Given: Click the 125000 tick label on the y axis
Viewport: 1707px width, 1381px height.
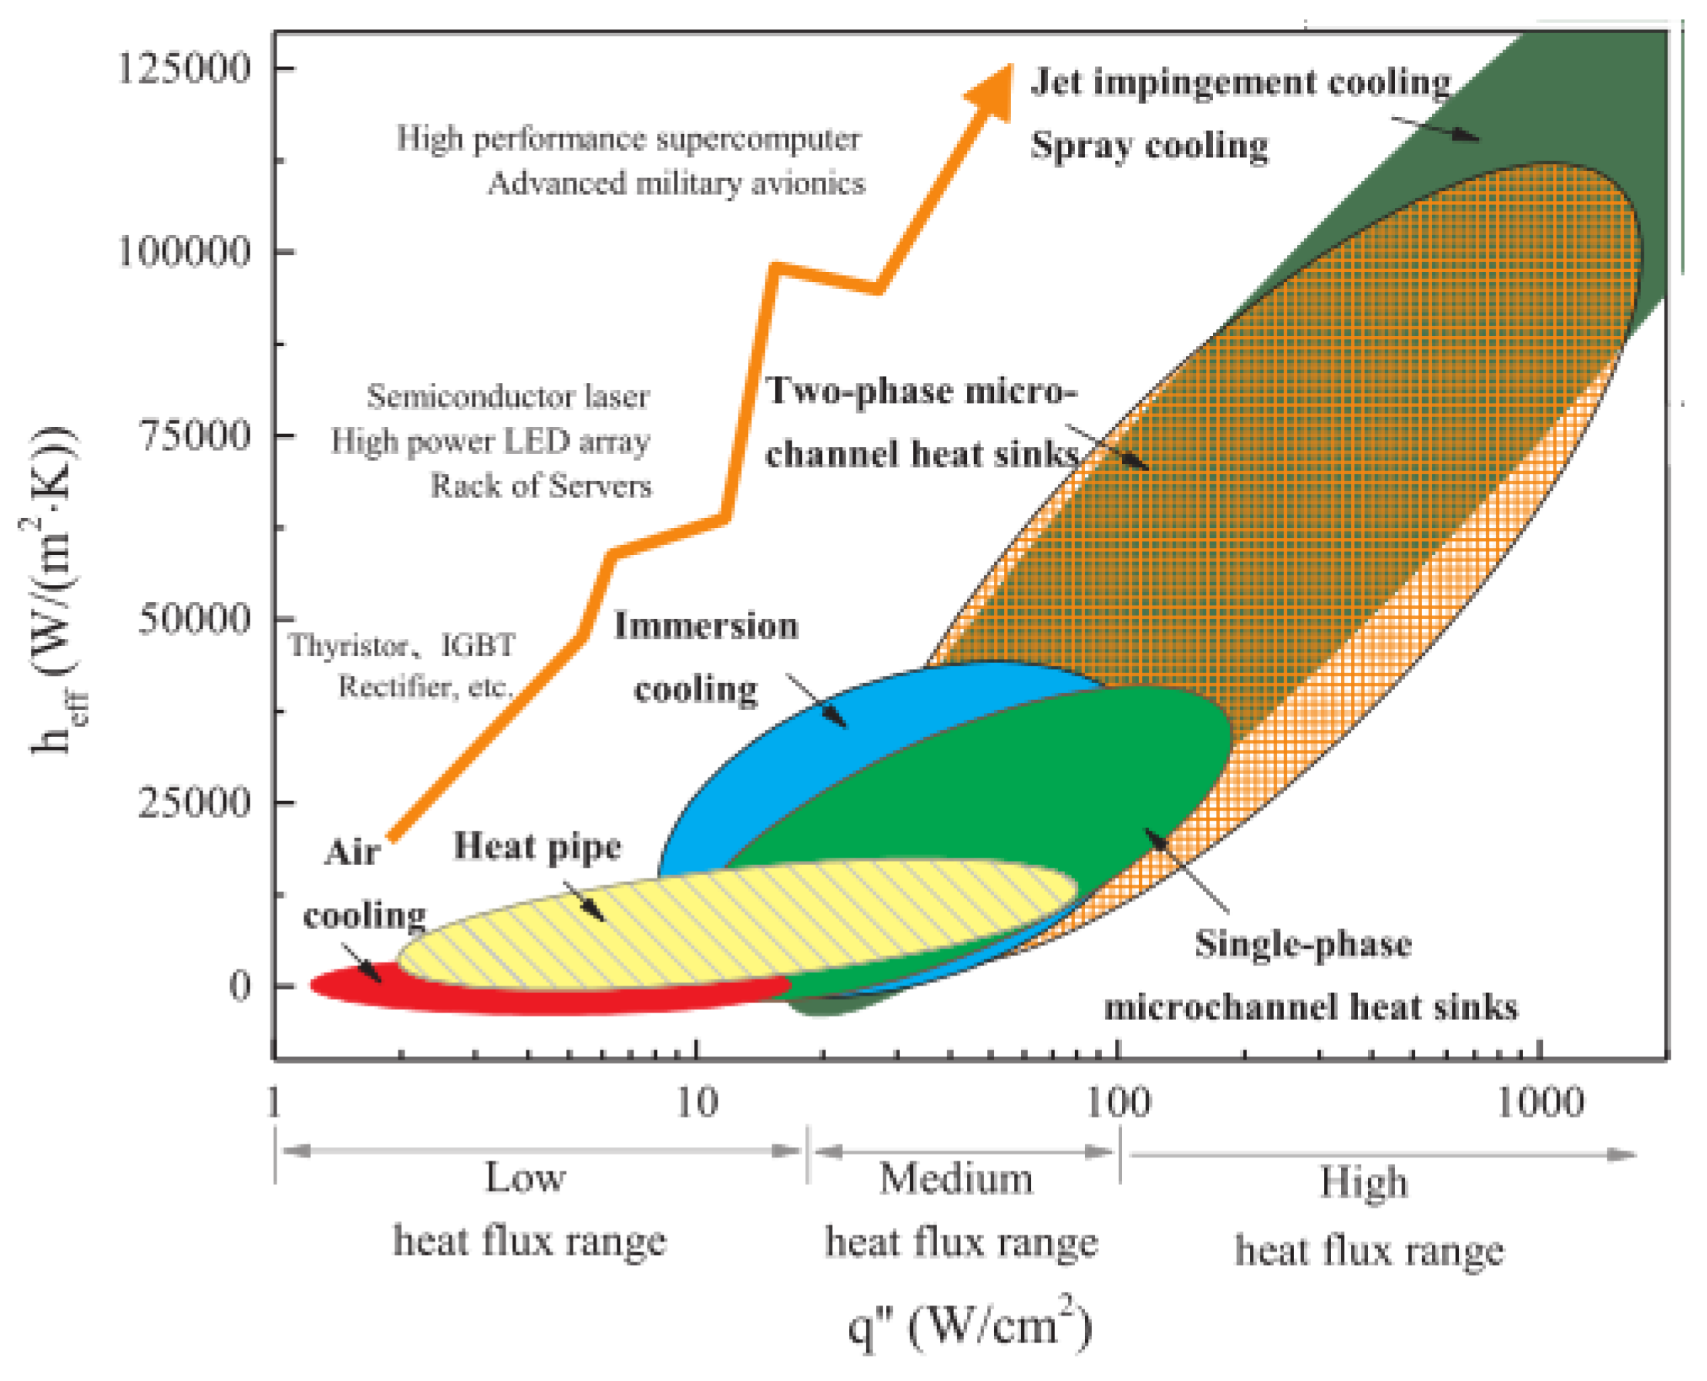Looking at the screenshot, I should [x=183, y=67].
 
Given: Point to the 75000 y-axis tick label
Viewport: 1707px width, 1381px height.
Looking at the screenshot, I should [x=194, y=435].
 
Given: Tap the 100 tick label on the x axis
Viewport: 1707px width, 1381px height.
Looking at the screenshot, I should [x=1117, y=1103].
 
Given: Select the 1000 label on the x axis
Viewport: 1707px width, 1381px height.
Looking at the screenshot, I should [x=1540, y=1103].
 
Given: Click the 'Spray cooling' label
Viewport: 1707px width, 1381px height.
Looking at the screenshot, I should [x=1148, y=146].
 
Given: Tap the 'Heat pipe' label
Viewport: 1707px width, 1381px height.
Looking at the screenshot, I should [x=537, y=846].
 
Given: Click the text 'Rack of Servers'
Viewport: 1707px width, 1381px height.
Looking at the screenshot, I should [x=541, y=486].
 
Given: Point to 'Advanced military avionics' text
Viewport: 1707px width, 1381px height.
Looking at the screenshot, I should [x=676, y=183].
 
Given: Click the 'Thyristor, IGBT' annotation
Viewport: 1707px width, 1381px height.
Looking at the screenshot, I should [x=402, y=645].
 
